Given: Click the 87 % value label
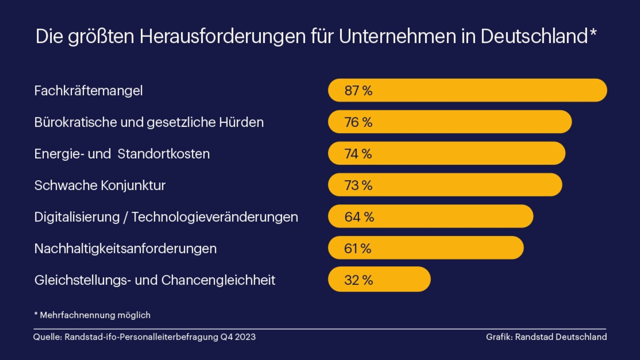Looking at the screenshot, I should pos(358,91).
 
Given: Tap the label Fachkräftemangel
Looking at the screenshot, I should pos(89,91).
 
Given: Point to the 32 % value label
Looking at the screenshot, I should pos(358,280).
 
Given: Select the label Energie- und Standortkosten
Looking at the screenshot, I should pos(122,154).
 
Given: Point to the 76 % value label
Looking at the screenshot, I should pos(358,122).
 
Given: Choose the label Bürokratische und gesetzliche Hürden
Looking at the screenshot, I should pos(149,122).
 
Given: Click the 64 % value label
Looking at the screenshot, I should pos(359,217).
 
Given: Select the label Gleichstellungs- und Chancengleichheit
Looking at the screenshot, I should pos(155,280).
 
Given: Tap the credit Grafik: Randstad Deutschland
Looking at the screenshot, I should pos(546,337).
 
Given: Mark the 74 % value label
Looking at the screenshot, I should pos(358,154).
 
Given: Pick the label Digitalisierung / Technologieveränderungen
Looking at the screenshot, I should pos(166,217).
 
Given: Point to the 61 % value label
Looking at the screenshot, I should pos(357,249).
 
